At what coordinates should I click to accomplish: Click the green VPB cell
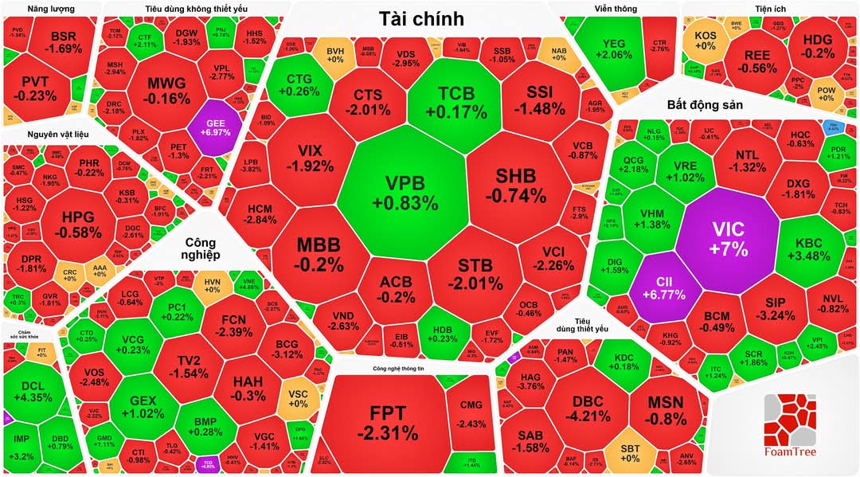[405, 194]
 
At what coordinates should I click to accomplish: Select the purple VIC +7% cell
[729, 238]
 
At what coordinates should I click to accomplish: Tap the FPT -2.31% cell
[387, 422]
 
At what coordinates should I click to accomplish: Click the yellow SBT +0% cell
[629, 452]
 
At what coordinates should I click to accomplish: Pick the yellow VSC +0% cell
[298, 398]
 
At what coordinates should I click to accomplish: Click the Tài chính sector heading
[422, 18]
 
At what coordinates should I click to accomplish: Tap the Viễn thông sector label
[616, 9]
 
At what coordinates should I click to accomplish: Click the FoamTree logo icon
[790, 420]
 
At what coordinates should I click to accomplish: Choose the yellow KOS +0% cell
[706, 41]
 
